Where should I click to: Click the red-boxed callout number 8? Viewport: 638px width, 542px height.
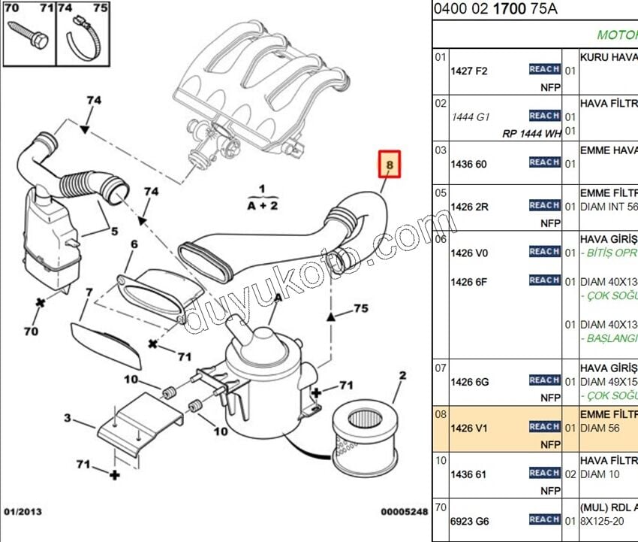pyautogui.click(x=390, y=164)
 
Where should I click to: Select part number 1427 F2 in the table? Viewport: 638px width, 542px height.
pyautogui.click(x=468, y=71)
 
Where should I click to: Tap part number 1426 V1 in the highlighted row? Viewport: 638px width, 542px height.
pyautogui.click(x=468, y=428)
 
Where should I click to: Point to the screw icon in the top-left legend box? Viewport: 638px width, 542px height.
pyautogui.click(x=29, y=35)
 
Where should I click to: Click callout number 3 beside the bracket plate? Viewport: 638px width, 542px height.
pyautogui.click(x=67, y=419)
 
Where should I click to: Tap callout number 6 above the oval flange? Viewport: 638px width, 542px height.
pyautogui.click(x=134, y=244)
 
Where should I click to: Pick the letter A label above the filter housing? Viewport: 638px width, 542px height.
pyautogui.click(x=278, y=298)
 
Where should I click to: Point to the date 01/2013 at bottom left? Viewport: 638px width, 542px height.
pyautogui.click(x=23, y=512)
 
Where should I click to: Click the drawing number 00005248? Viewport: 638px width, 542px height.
pyautogui.click(x=403, y=512)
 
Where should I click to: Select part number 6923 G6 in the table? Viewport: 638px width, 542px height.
pyautogui.click(x=469, y=519)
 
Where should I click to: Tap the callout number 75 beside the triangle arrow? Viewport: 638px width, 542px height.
pyautogui.click(x=360, y=308)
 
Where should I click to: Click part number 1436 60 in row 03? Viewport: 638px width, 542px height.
pyautogui.click(x=468, y=164)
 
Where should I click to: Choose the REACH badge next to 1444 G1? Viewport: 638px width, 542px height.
pyautogui.click(x=544, y=116)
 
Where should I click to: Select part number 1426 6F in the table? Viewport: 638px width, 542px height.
pyautogui.click(x=468, y=282)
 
